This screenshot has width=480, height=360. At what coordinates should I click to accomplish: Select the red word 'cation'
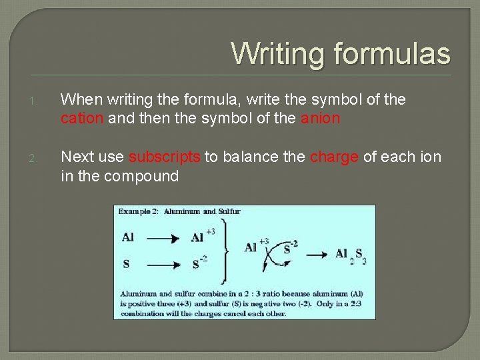(82, 119)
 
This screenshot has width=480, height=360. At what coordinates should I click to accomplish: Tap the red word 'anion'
(320, 119)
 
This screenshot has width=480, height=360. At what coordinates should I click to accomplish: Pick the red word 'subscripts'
(165, 157)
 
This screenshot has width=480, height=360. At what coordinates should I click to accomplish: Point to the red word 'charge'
(335, 157)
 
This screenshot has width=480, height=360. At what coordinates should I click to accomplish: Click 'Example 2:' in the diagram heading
(138, 212)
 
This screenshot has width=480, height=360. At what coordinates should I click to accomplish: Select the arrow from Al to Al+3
(162, 237)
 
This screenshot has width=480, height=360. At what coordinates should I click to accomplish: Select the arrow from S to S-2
(162, 265)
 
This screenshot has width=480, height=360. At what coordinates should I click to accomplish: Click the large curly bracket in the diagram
(227, 250)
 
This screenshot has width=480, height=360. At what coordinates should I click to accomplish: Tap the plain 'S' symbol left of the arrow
(126, 264)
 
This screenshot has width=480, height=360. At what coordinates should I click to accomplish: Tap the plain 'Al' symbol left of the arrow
(128, 237)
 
